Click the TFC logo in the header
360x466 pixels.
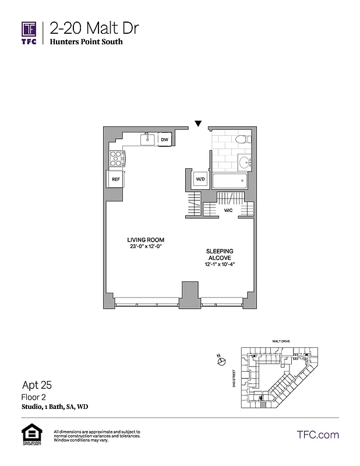(x=29, y=32)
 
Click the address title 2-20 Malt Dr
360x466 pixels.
(x=94, y=27)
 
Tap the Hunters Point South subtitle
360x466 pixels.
(x=86, y=42)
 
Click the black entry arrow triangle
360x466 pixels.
(x=198, y=123)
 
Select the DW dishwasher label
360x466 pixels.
(x=165, y=140)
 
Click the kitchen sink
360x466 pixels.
(x=148, y=139)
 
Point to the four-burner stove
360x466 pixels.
(x=116, y=158)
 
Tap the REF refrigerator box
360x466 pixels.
(x=115, y=179)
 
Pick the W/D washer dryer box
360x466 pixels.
(x=200, y=179)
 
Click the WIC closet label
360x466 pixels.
(x=228, y=211)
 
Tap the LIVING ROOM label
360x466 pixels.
(x=146, y=240)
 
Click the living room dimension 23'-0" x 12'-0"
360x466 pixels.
(x=146, y=247)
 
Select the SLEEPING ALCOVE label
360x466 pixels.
(x=220, y=255)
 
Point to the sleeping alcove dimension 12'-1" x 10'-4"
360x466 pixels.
(x=220, y=265)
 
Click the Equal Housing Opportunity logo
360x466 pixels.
(x=29, y=435)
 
